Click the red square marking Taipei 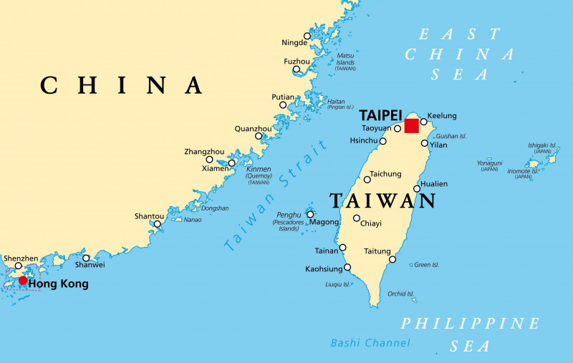411,126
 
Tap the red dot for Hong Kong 23,280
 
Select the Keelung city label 442,116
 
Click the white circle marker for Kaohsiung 348,268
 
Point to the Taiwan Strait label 275,195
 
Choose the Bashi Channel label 370,343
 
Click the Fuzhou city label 297,62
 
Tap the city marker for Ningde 307,36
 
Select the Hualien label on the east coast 433,184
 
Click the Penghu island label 289,215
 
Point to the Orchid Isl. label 400,294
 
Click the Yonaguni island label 489,163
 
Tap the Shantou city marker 158,223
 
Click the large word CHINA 121,85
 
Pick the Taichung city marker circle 367,179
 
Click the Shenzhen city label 21,258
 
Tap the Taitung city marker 392,259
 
